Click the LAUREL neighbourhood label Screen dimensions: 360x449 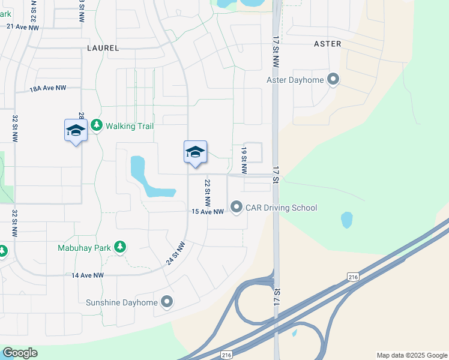pos(103,47)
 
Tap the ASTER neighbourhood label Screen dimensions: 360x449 pos(328,44)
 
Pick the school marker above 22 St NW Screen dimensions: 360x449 pos(195,152)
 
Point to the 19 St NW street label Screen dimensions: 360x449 pos(244,160)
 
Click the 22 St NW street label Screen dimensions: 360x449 pos(207,191)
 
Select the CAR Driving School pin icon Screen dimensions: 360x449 pos(236,208)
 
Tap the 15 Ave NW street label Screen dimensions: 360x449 pos(208,212)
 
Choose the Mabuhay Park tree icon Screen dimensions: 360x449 pos(120,247)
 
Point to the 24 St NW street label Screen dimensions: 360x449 pos(176,254)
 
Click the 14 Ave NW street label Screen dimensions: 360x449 pos(88,275)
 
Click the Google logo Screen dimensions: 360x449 pos(20,353)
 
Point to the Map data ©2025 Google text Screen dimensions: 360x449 pos(411,355)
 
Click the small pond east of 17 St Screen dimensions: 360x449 pos(347,220)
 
